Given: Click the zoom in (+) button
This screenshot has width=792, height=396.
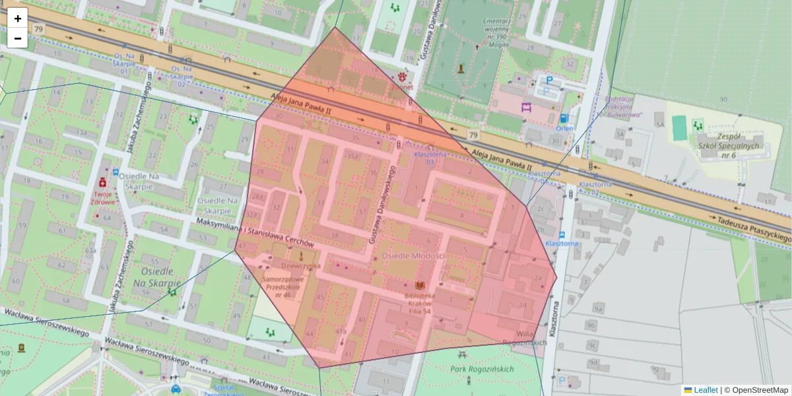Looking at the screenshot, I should click(17, 18).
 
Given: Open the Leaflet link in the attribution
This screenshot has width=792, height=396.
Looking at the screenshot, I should click(706, 390).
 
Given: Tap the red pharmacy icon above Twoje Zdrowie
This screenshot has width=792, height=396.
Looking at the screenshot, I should click(103, 181).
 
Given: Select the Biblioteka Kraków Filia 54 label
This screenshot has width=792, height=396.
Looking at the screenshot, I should click(419, 302).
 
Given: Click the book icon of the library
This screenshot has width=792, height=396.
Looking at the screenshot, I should click(419, 285).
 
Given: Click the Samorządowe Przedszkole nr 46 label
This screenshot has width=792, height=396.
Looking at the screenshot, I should click(282, 287).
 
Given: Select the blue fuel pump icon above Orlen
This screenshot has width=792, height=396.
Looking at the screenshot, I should click(564, 118).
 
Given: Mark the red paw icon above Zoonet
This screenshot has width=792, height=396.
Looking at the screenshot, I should click(402, 77).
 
